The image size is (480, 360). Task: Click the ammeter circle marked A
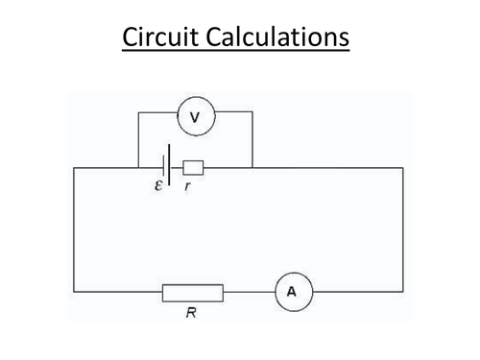(x=291, y=292)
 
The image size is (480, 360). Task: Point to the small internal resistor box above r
(x=193, y=167)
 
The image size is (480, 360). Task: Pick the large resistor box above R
(x=193, y=292)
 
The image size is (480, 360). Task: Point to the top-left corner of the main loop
(x=75, y=167)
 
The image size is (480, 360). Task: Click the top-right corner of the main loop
(x=402, y=167)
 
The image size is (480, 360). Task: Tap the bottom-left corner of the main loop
(x=75, y=292)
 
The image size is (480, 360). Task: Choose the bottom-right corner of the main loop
(x=402, y=292)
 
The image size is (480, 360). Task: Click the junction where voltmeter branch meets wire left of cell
(x=138, y=167)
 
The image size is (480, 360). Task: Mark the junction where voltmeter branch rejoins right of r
(x=252, y=167)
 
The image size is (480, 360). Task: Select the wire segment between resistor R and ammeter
(x=248, y=292)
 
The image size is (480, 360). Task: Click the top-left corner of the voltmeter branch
(x=138, y=112)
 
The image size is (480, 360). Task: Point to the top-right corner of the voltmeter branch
(x=252, y=112)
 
